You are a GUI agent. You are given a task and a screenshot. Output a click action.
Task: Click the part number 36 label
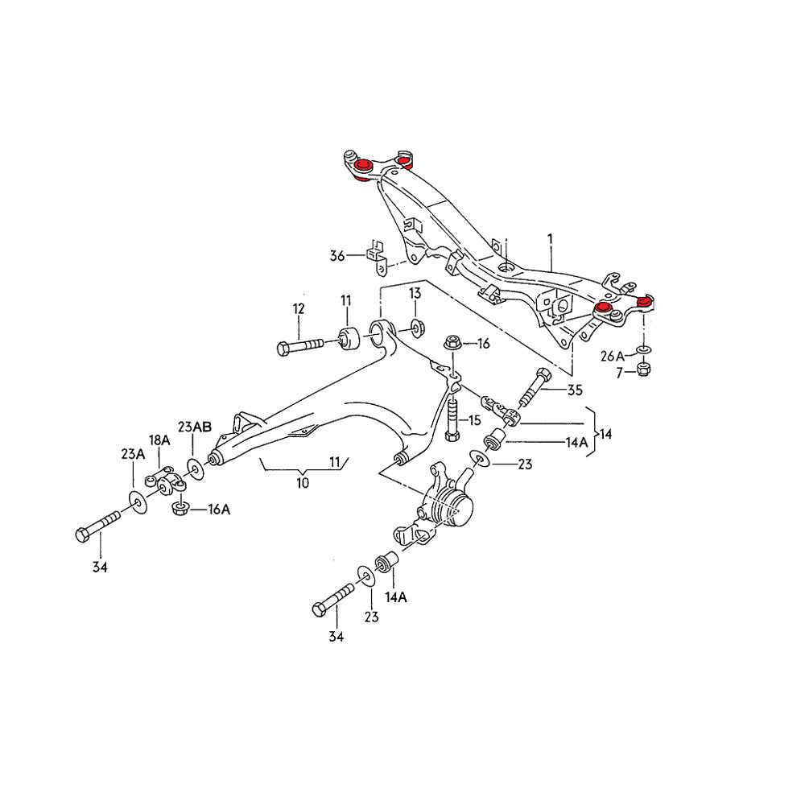click(336, 256)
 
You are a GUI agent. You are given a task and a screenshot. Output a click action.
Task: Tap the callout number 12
click(299, 308)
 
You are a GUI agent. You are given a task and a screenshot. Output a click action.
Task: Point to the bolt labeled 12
click(302, 346)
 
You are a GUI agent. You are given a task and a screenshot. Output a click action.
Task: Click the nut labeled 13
click(417, 327)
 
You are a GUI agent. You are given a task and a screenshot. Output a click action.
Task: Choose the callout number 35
click(574, 392)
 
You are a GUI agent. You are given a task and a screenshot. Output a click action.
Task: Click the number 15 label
click(474, 419)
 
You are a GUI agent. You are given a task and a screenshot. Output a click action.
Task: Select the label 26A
click(612, 355)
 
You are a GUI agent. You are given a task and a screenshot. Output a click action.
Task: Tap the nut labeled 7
click(643, 369)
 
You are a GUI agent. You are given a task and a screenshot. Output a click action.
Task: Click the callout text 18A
click(159, 440)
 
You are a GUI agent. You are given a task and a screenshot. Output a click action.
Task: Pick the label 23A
click(133, 454)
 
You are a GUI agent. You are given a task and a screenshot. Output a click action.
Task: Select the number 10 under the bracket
click(302, 483)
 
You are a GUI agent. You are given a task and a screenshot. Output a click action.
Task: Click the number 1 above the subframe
click(550, 239)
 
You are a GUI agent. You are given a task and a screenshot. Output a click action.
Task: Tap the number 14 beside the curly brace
click(605, 434)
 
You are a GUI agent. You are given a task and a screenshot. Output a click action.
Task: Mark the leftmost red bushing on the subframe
click(361, 166)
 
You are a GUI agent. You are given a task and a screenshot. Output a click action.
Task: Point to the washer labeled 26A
click(643, 350)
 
